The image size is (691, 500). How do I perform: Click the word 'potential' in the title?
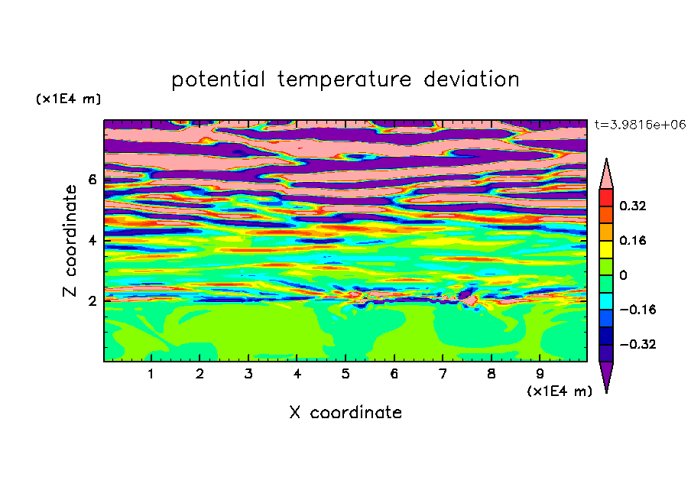click(x=218, y=80)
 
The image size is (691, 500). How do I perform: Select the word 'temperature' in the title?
click(x=345, y=80)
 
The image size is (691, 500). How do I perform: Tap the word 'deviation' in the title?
click(x=472, y=80)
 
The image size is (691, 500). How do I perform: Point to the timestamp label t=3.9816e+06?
click(x=641, y=125)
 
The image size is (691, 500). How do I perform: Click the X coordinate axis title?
click(x=345, y=412)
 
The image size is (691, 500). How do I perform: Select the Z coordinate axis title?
click(x=70, y=241)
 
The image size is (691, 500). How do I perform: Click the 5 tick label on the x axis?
click(x=345, y=374)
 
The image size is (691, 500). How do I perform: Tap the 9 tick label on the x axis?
click(x=540, y=374)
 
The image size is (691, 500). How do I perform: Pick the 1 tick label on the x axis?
click(x=151, y=374)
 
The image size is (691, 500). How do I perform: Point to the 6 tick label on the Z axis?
click(x=92, y=180)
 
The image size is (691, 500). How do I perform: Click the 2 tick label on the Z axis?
click(x=92, y=301)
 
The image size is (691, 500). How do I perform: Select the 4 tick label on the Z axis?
click(x=92, y=240)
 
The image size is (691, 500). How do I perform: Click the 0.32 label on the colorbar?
click(x=633, y=206)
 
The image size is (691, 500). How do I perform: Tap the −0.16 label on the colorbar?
click(x=637, y=310)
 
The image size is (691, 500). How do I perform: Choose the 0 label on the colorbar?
click(x=623, y=275)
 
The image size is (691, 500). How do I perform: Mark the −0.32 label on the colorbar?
click(x=637, y=344)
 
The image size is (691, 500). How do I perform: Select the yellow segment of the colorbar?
click(x=606, y=249)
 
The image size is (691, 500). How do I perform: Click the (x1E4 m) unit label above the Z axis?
click(x=68, y=99)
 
